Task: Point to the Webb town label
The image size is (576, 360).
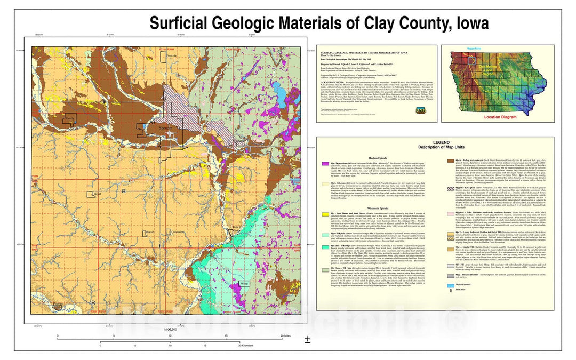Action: tap(245, 284)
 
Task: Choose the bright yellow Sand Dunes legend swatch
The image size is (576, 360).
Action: tap(324, 212)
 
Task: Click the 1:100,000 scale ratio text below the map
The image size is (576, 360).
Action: tap(167, 329)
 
